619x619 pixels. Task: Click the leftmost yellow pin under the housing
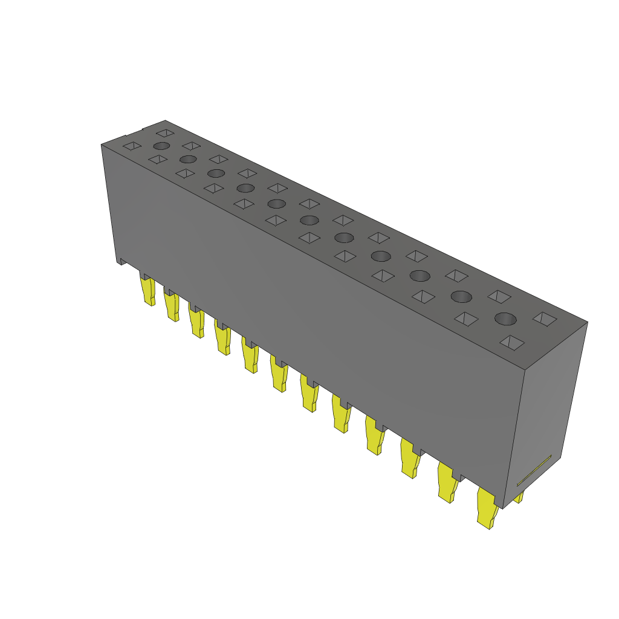(x=147, y=291)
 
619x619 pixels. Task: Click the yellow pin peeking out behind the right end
(x=519, y=497)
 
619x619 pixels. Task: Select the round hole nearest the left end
(x=161, y=146)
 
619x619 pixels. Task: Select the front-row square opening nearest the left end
(x=131, y=146)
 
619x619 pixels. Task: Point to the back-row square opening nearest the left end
(x=165, y=132)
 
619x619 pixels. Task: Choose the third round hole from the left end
(x=216, y=173)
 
